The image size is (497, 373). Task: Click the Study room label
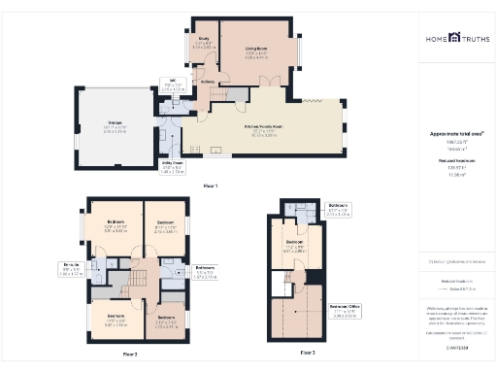point(203,45)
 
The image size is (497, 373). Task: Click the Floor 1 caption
point(210,185)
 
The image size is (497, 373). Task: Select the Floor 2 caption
point(130,355)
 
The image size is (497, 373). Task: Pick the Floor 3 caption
point(308,352)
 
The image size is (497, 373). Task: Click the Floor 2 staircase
point(136,283)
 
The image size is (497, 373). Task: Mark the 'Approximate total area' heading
point(456,134)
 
